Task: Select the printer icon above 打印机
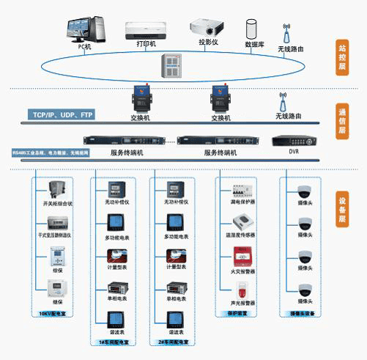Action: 147,30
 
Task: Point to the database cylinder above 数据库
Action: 253,30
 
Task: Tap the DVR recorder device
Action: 294,140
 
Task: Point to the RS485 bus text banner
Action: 50,153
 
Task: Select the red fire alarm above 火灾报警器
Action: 241,256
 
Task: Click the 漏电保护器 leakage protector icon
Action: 241,188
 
